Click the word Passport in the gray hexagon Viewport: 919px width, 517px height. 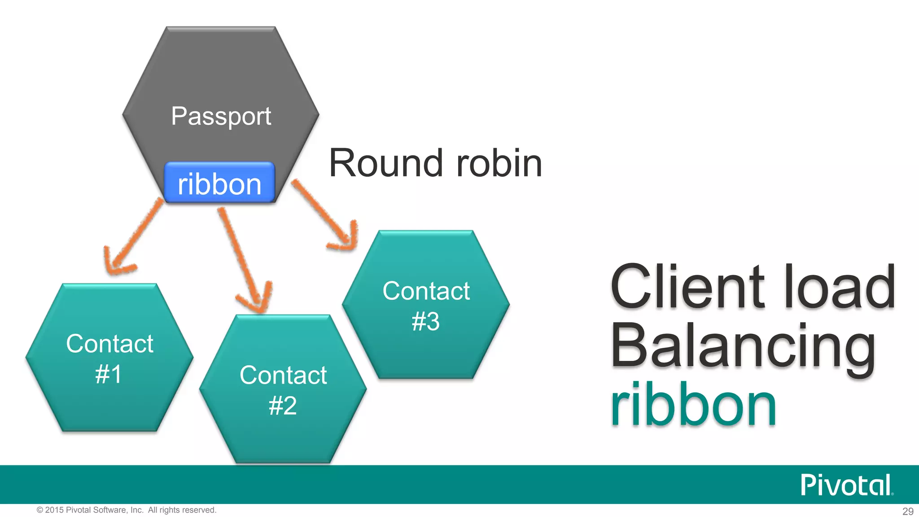click(x=221, y=116)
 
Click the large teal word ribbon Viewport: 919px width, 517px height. click(x=693, y=404)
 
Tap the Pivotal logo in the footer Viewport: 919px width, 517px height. click(x=846, y=485)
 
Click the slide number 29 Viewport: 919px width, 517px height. click(x=907, y=511)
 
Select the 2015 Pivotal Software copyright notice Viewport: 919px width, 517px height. click(x=127, y=510)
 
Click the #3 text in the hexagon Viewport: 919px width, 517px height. click(x=425, y=321)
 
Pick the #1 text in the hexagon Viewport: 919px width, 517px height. click(x=109, y=374)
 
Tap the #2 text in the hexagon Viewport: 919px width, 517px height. click(x=283, y=406)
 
